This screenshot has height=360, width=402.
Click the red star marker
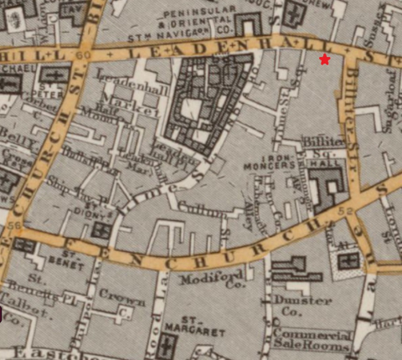[x=324, y=59]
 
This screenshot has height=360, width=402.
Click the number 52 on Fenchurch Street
[x=347, y=213]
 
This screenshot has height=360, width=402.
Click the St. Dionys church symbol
[x=101, y=228]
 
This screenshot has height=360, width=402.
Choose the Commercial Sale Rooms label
[x=312, y=338]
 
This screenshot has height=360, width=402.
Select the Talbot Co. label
[x=18, y=311]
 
